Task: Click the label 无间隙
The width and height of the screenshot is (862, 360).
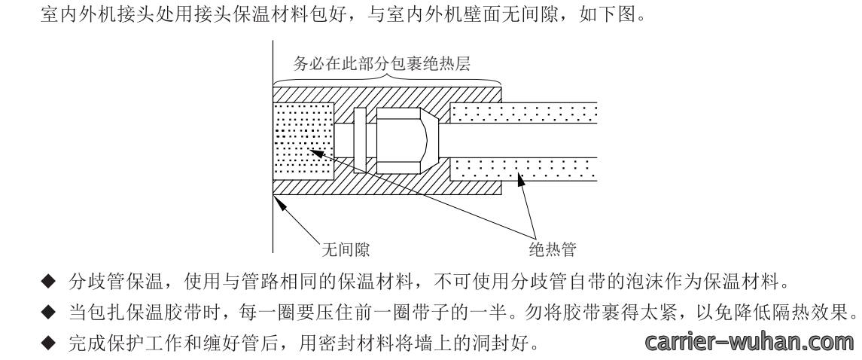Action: (x=346, y=249)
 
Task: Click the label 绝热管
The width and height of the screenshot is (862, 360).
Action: (x=553, y=249)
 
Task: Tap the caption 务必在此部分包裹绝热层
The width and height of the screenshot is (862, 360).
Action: (x=382, y=64)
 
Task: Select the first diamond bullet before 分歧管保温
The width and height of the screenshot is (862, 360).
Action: (x=49, y=282)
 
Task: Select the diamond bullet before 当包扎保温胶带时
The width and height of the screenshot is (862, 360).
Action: (x=49, y=313)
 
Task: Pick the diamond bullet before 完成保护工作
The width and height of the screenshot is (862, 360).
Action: (x=49, y=343)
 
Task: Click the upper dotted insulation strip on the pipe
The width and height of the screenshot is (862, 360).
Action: (x=523, y=113)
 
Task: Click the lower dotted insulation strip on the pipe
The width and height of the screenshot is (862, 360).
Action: (x=523, y=169)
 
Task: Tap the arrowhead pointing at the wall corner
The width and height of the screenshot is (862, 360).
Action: (x=279, y=203)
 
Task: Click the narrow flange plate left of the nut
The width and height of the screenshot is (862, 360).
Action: (x=360, y=141)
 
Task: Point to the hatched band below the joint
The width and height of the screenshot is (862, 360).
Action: (x=387, y=184)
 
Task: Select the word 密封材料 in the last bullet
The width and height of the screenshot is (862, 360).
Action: (x=361, y=343)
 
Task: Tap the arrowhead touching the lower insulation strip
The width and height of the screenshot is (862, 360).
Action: (x=520, y=178)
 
